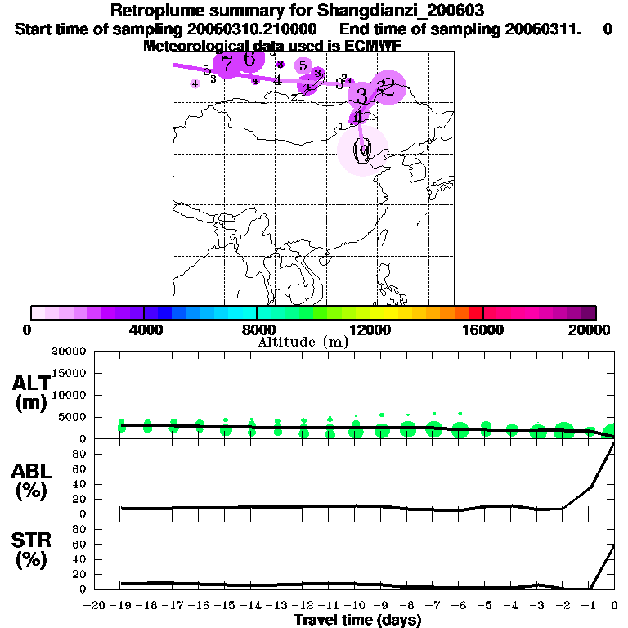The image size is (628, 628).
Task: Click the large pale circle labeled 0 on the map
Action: pyautogui.click(x=362, y=151)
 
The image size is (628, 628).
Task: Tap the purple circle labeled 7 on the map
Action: pyautogui.click(x=227, y=62)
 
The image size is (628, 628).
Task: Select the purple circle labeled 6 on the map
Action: pyautogui.click(x=250, y=59)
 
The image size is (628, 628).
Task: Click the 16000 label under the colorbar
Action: pyautogui.click(x=483, y=330)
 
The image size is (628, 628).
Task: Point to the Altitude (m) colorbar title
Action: pyautogui.click(x=303, y=342)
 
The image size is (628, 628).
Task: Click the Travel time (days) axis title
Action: pyautogui.click(x=357, y=621)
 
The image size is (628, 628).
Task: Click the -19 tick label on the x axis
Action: pyautogui.click(x=120, y=606)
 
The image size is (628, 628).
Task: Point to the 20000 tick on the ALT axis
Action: pyautogui.click(x=69, y=352)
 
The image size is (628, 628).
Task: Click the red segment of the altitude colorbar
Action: pyautogui.click(x=476, y=312)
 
